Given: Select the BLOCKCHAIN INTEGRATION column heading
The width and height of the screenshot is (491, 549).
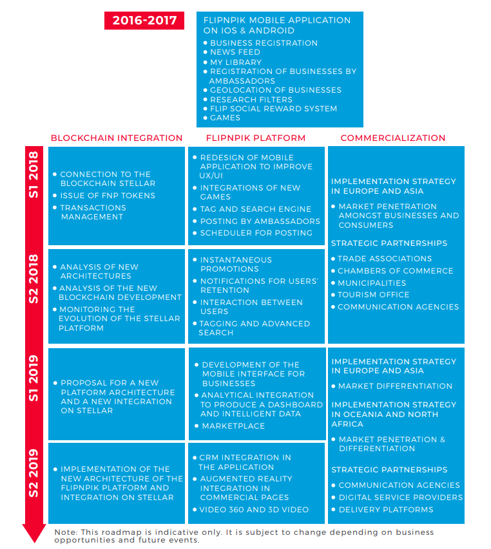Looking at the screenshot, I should click(x=117, y=138).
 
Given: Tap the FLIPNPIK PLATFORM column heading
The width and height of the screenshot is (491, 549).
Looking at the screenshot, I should click(x=256, y=138).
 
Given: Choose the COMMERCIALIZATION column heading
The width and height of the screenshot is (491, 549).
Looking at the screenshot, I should click(x=393, y=138).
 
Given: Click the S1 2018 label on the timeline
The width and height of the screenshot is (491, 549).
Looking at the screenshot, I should click(x=34, y=175).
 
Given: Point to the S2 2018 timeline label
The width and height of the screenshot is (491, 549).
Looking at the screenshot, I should click(x=34, y=279).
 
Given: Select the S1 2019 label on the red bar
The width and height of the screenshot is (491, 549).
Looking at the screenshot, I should click(x=34, y=378).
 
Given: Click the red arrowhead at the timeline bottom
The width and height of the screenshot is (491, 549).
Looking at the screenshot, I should click(x=34, y=533).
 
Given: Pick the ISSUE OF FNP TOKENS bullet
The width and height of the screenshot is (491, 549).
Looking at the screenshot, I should click(x=108, y=196).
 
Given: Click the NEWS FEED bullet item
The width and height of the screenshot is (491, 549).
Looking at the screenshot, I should click(x=235, y=52).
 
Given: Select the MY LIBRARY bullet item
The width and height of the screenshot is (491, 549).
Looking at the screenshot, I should click(x=236, y=62).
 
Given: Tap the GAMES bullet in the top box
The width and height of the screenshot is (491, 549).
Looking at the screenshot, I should click(x=225, y=118).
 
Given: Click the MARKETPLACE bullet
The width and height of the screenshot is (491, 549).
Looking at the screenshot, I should click(x=233, y=426).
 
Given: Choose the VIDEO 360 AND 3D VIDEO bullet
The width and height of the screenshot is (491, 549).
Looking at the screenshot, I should click(x=254, y=510).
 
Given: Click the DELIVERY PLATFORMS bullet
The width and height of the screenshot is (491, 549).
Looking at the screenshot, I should click(x=386, y=510).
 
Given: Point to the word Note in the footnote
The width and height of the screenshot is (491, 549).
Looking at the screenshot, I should click(x=65, y=532).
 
